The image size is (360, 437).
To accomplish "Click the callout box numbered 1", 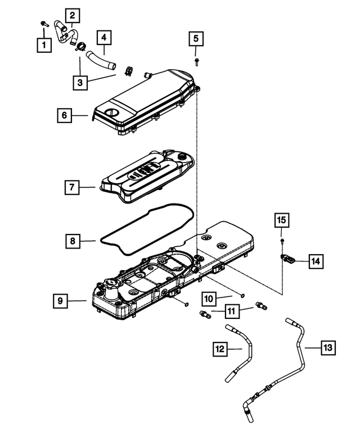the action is [x=44, y=44].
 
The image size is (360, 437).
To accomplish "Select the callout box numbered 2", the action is [x=73, y=16].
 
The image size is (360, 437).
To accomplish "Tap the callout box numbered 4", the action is [x=104, y=38].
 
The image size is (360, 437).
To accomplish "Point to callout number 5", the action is [x=196, y=38].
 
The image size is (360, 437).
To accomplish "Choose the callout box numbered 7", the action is [x=72, y=187].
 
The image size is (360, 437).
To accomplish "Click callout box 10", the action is [x=209, y=299].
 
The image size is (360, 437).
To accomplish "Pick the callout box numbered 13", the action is [x=328, y=348].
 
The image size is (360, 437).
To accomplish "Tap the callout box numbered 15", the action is [x=281, y=220].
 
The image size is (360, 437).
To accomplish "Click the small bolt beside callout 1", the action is [x=44, y=24].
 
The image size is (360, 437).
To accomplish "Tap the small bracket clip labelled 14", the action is [x=287, y=259].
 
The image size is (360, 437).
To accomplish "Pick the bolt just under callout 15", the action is [x=282, y=242].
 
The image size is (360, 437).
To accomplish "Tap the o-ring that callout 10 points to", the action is [x=242, y=295].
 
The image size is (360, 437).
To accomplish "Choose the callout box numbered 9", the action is [x=60, y=301].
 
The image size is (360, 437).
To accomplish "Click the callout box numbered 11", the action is [x=232, y=311].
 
